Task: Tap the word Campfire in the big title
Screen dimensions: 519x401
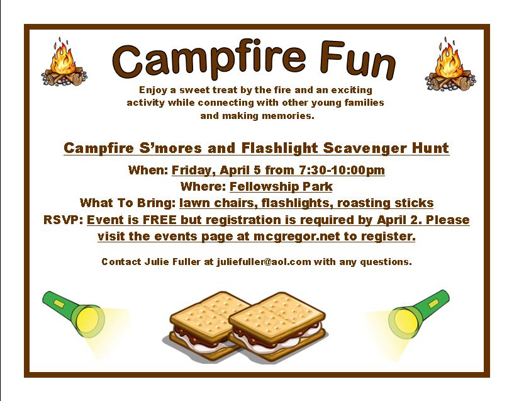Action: (208, 60)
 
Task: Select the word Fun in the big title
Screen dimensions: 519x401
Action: (358, 60)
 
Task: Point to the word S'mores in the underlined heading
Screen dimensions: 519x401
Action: (170, 148)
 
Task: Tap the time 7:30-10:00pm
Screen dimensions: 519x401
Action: (342, 170)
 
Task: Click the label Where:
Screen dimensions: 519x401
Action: (203, 186)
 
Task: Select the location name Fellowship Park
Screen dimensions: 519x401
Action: (281, 186)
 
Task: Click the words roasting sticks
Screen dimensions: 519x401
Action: (385, 203)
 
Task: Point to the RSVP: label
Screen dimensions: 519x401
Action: (63, 220)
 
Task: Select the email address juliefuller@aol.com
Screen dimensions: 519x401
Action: (264, 262)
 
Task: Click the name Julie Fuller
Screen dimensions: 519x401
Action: (172, 262)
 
